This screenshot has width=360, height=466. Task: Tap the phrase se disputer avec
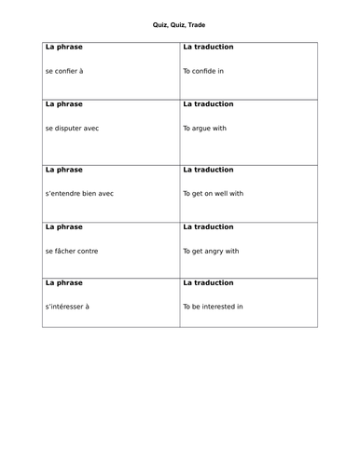click(x=73, y=130)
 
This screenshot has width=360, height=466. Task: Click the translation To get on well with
click(x=214, y=194)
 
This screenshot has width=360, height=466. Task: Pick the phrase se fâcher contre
click(x=72, y=251)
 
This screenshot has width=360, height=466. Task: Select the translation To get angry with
click(x=212, y=251)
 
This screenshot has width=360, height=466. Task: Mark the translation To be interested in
click(x=214, y=306)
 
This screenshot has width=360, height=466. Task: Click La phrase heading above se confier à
click(x=63, y=47)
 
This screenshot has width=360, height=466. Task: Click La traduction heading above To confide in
click(x=208, y=47)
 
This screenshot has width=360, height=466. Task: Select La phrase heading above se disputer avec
click(x=63, y=105)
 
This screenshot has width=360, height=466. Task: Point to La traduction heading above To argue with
click(x=208, y=105)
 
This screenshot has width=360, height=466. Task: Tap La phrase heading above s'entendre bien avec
click(x=63, y=171)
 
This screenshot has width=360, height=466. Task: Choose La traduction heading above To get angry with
click(x=208, y=226)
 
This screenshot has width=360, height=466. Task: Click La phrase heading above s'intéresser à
click(x=63, y=281)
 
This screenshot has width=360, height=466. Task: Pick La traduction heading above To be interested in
click(x=208, y=281)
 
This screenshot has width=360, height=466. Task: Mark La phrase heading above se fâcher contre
click(x=63, y=226)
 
